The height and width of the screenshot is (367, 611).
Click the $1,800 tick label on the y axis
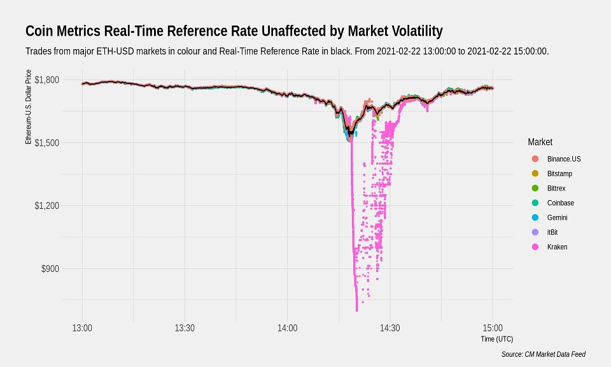tap(46, 80)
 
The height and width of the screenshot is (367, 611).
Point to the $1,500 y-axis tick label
tap(46, 143)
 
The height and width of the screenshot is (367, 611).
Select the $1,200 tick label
tap(46, 206)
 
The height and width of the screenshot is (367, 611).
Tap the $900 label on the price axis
tap(50, 269)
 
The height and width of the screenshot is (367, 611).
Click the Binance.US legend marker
tap(535, 158)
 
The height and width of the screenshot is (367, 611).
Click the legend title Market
tap(540, 141)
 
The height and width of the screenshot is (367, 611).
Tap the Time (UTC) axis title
tap(498, 339)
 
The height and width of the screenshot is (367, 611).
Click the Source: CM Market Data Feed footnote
tap(543, 354)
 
